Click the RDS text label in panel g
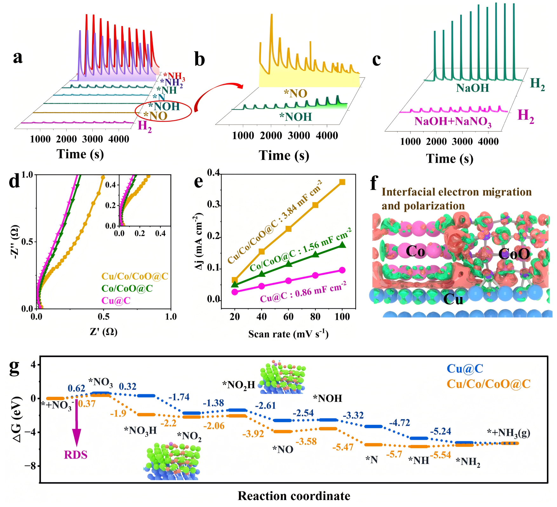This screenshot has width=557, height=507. click(76, 455)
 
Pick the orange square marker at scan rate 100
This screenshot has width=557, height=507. click(342, 182)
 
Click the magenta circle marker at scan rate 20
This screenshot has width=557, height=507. click(235, 292)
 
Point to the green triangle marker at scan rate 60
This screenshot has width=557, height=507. click(288, 264)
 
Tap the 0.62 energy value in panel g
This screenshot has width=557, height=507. click(77, 388)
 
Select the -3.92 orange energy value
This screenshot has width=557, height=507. click(253, 434)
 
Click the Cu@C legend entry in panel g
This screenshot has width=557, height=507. click(465, 368)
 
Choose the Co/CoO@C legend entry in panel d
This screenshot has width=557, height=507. click(127, 288)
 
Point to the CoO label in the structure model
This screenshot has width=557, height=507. click(514, 254)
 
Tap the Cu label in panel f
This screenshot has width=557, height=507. click(453, 299)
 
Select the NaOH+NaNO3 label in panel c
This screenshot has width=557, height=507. click(453, 122)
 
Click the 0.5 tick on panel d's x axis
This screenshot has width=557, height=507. click(104, 317)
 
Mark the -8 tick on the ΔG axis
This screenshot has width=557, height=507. click(30, 466)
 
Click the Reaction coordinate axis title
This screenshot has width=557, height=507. click(294, 496)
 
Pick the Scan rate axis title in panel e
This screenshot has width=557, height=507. click(288, 334)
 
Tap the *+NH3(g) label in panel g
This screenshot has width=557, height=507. click(508, 433)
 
